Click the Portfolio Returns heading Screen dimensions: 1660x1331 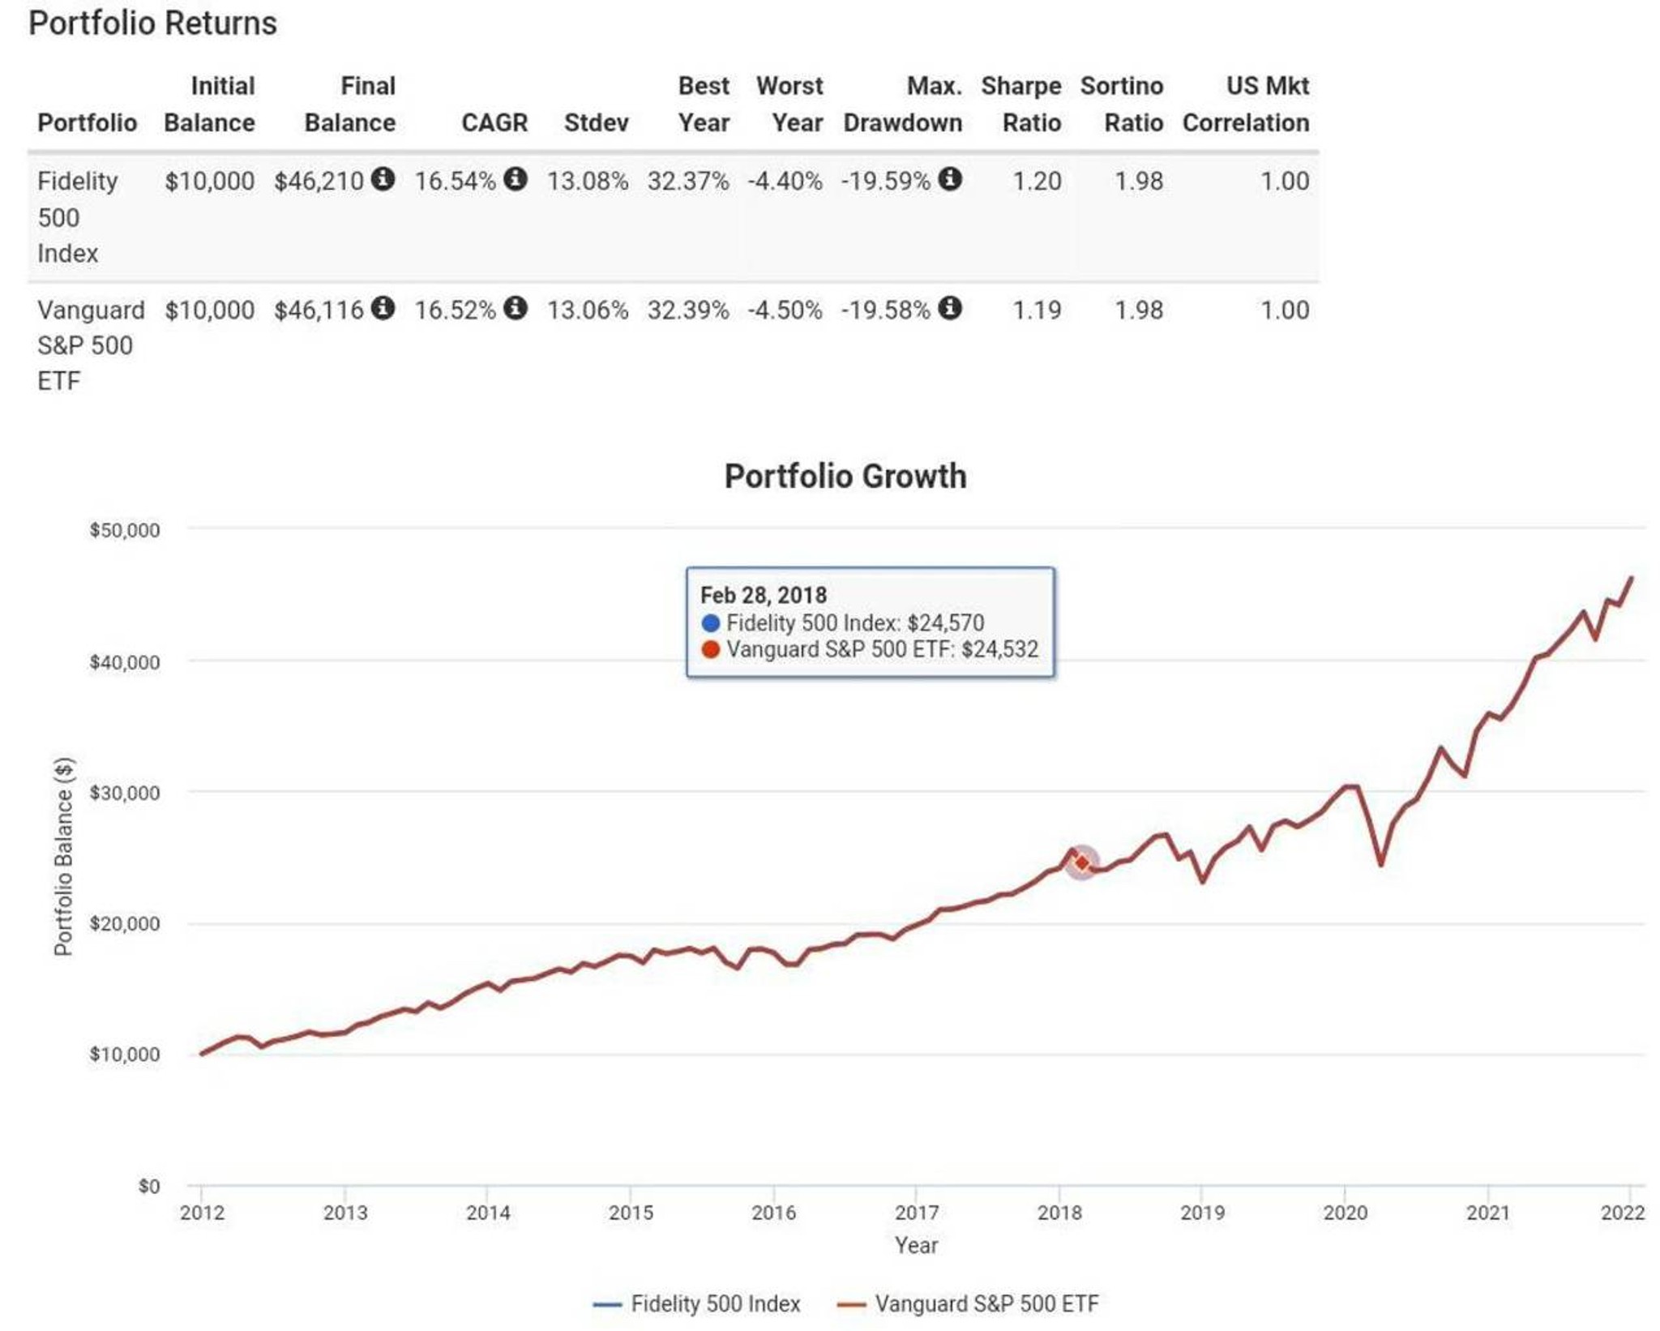(152, 24)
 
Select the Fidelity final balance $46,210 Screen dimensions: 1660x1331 (319, 181)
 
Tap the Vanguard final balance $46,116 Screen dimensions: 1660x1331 (319, 310)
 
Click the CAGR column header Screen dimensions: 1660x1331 (494, 122)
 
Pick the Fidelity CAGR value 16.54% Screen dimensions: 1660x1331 (455, 181)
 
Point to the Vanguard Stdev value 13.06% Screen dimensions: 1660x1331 (588, 310)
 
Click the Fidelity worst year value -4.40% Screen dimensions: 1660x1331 (785, 181)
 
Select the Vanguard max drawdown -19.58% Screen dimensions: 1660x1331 (885, 310)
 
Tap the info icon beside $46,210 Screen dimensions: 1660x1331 (383, 178)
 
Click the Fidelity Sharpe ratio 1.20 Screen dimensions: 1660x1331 (1037, 181)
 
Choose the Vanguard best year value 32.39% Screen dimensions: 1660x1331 (688, 310)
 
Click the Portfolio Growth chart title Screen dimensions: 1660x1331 (845, 476)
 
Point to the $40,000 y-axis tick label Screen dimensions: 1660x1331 (125, 662)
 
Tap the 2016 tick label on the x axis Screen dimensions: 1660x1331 (773, 1213)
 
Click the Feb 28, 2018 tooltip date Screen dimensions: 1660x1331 (764, 595)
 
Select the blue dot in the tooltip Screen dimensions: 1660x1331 (711, 623)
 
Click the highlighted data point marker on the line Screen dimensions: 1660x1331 (1081, 862)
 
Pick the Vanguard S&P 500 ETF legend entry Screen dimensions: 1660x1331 (968, 1303)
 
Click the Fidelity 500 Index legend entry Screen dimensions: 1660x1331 (697, 1303)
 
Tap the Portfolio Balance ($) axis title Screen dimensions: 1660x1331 (63, 857)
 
